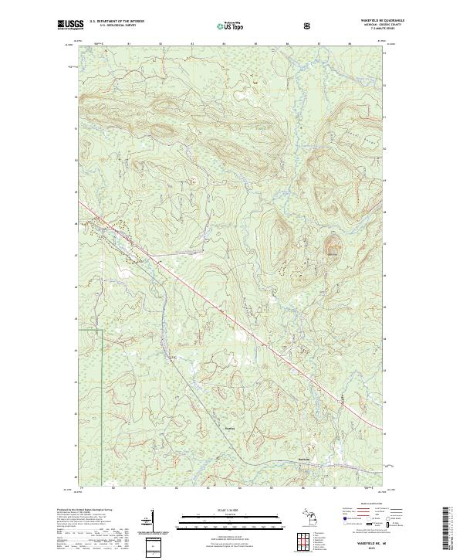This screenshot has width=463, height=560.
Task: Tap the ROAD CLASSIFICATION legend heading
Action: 363,503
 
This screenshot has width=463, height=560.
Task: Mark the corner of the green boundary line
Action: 103,330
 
